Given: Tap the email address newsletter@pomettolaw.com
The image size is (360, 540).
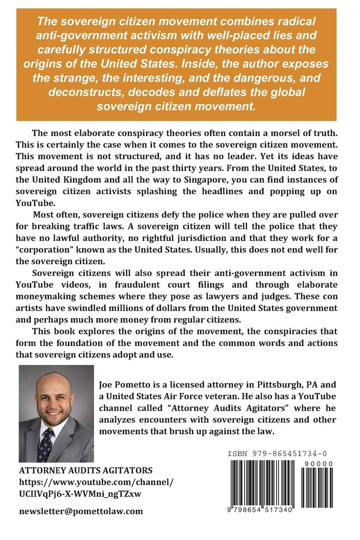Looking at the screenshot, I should [81, 511].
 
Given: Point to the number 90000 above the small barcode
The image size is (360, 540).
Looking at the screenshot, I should [322, 464].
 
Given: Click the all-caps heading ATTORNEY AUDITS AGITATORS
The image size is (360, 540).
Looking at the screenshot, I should [86, 471].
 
